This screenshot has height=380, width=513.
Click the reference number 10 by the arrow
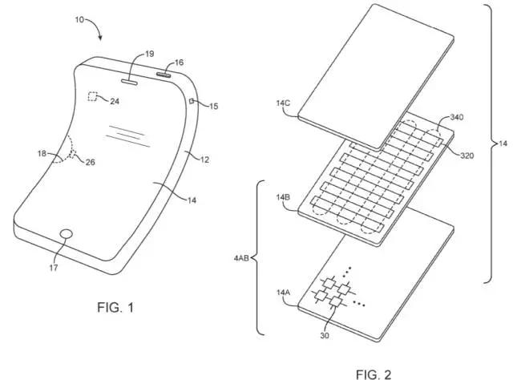tap(79, 20)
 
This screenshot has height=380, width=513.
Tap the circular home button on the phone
tap(67, 234)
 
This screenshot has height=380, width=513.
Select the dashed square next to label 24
tap(93, 96)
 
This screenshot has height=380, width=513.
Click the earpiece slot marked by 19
tap(130, 82)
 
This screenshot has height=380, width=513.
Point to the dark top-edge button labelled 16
tap(164, 75)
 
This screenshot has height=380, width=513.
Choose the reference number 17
tap(54, 268)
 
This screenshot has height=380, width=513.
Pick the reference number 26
tap(91, 162)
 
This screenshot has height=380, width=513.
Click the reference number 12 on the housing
tap(204, 160)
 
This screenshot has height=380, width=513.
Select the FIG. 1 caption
tap(115, 308)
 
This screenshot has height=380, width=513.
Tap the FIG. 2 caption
tap(374, 374)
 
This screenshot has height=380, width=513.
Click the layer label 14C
tap(283, 103)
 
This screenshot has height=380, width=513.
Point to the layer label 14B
tap(283, 197)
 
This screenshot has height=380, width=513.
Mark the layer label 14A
tap(283, 292)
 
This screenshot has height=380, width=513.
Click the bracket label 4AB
tap(241, 258)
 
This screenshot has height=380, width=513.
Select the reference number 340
tap(457, 117)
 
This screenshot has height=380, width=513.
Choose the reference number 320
tap(467, 156)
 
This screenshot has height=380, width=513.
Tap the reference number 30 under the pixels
tap(325, 335)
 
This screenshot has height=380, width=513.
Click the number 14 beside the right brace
tap(503, 143)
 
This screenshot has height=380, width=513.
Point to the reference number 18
tap(42, 153)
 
